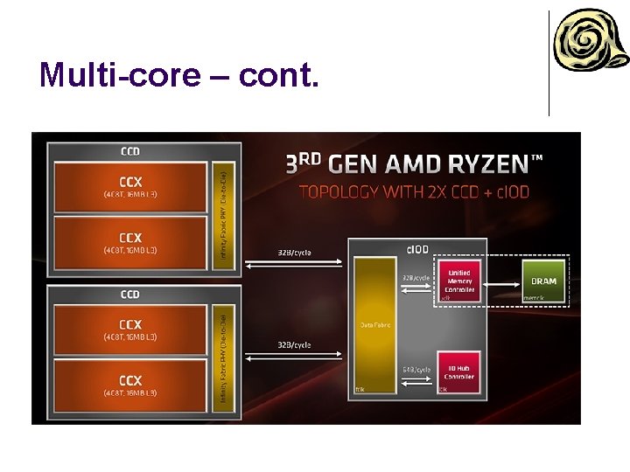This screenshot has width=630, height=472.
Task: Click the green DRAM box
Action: (544, 281)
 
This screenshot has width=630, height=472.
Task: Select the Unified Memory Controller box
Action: (459, 281)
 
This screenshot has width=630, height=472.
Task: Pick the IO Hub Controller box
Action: (459, 371)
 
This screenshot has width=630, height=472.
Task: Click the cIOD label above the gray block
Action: (417, 249)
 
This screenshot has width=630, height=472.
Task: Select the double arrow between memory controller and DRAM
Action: (501, 281)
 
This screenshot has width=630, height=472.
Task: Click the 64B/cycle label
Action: (416, 370)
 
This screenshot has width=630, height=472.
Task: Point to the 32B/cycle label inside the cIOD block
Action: (416, 278)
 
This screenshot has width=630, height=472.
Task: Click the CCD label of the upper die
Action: (129, 151)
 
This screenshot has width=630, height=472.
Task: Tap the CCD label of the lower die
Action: (129, 294)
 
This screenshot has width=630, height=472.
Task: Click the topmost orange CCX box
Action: (130, 184)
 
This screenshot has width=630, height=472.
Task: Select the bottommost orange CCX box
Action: (130, 385)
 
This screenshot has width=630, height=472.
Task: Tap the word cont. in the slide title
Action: (279, 75)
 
